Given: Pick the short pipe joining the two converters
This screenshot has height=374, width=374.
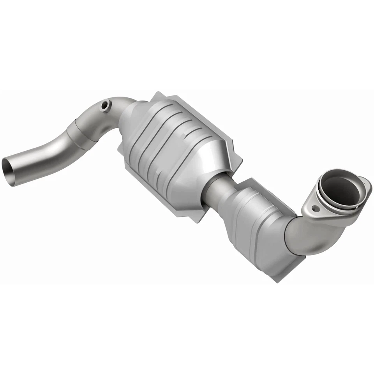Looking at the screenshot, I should pyautogui.click(x=214, y=191).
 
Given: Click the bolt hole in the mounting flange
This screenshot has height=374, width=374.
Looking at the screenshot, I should pyautogui.click(x=314, y=208).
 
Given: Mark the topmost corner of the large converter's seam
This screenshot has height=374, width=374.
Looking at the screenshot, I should pyautogui.click(x=157, y=94).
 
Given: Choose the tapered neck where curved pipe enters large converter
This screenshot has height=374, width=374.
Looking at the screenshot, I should pyautogui.click(x=129, y=113).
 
